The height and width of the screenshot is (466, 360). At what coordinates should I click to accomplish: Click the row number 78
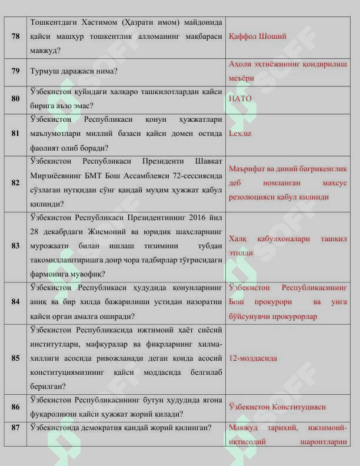[15, 36]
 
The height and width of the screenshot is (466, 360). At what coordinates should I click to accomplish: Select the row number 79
[15, 71]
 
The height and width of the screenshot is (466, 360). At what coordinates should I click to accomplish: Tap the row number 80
[15, 99]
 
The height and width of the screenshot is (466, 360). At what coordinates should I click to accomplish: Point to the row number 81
[15, 134]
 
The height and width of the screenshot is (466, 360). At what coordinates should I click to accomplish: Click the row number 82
[15, 183]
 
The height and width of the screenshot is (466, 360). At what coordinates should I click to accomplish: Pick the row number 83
[15, 246]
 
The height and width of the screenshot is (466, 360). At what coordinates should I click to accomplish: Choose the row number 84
[15, 302]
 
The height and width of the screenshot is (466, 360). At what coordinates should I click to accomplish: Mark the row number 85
[15, 358]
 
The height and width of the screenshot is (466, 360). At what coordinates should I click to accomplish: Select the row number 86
[15, 407]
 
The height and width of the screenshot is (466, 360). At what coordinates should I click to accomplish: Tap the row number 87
[15, 427]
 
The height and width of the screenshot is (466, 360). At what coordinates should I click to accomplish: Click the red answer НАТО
[240, 99]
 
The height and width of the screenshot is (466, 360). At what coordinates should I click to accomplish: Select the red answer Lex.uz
[240, 134]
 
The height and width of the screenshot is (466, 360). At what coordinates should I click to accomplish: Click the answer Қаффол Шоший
[258, 36]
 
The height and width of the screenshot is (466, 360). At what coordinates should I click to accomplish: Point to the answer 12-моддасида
[253, 358]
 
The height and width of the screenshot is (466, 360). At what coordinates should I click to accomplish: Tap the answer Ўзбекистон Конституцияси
[277, 407]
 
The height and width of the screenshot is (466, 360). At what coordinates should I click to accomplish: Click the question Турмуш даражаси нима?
[74, 71]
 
